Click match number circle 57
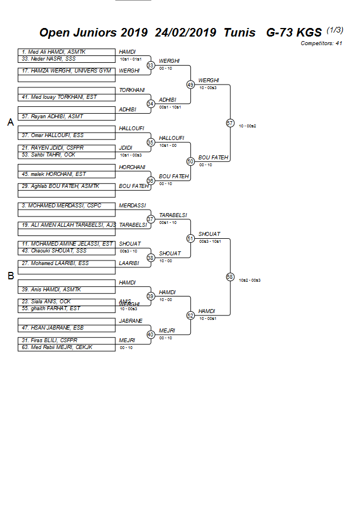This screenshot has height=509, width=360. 230,123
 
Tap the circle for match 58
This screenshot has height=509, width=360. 230,276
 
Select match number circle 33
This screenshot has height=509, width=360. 150,65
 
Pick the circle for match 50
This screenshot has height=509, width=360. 190,161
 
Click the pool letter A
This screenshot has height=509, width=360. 10,122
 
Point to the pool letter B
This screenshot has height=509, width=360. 10,276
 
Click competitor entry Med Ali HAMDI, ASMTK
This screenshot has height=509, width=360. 53,52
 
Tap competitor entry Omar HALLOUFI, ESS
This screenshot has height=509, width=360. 52,135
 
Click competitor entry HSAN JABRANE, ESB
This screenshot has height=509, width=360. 53,328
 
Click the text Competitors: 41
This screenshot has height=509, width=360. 321,43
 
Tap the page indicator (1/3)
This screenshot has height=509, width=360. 334,30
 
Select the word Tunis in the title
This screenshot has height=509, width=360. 239,33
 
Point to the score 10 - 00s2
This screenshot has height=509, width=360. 247,126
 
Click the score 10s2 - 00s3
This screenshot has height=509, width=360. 250,280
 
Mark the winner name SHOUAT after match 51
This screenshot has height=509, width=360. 209,234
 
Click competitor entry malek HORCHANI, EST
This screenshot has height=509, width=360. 54,174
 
